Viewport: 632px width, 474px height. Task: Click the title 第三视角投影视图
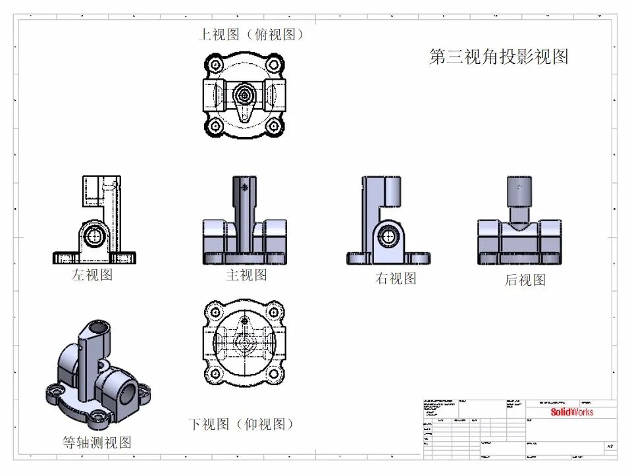(x=498, y=57)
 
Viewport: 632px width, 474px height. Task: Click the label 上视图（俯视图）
(x=252, y=34)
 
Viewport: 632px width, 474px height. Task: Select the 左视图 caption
(x=92, y=275)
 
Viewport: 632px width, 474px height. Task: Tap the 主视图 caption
(x=246, y=275)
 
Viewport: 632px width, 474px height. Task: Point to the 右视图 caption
(x=396, y=278)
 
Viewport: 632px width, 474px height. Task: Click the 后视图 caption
(x=525, y=280)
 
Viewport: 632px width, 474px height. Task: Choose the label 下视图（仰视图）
(x=241, y=423)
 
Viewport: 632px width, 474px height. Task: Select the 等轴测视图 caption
(x=97, y=442)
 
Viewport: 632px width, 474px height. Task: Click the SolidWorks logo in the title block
(x=571, y=412)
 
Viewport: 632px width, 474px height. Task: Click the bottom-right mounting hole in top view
(x=275, y=125)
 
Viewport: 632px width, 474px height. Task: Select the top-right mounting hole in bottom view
(x=275, y=311)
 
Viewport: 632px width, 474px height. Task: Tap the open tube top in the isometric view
(x=97, y=327)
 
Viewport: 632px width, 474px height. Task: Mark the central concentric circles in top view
(x=245, y=94)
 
